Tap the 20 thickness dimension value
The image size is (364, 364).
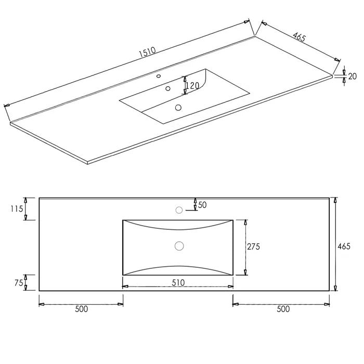click(353, 76)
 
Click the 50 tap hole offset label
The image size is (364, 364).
click(202, 205)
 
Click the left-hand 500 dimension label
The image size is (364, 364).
click(81, 309)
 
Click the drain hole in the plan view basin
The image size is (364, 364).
click(179, 246)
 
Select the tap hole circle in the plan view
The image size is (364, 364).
click(179, 210)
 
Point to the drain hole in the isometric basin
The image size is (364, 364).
click(178, 108)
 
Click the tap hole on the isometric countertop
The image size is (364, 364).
click(159, 76)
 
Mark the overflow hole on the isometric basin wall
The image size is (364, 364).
click(168, 88)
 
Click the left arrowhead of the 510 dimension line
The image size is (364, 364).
click(124, 285)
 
